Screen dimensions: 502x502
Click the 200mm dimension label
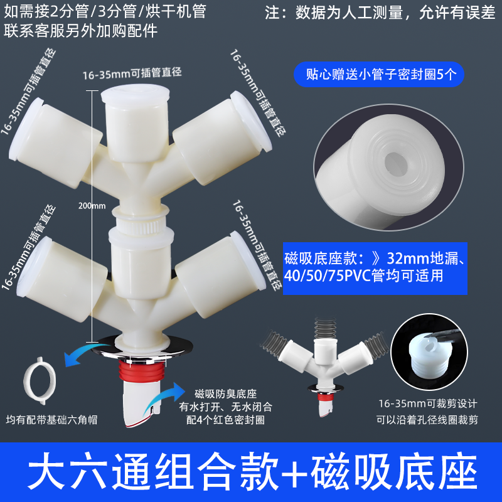[x=92, y=206]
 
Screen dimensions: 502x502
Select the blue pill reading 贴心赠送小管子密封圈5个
[x=379, y=74]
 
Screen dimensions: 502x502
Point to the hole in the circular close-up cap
[x=396, y=162]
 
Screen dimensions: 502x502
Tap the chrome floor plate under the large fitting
[x=142, y=350]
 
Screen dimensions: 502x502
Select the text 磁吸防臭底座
[x=225, y=394]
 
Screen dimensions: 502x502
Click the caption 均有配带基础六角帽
[x=51, y=420]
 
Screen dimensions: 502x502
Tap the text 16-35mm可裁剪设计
[x=428, y=403]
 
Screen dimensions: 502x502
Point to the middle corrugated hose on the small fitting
[x=325, y=328]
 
